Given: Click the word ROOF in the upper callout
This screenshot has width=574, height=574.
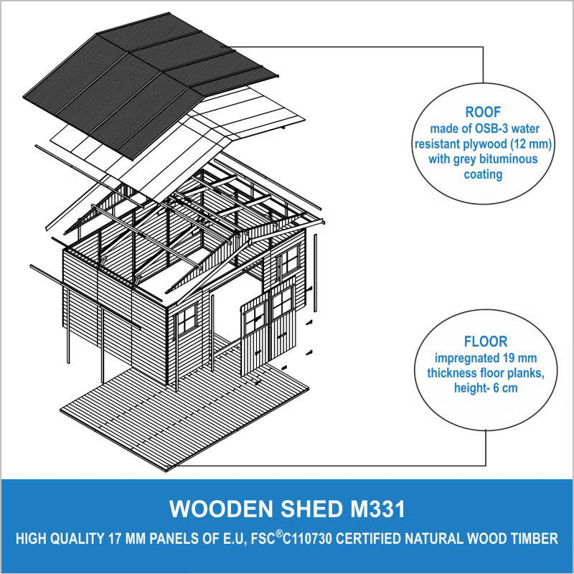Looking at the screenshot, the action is [483, 112].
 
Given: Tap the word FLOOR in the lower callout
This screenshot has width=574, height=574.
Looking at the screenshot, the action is [486, 342].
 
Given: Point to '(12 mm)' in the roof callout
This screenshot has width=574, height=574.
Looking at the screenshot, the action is [531, 144].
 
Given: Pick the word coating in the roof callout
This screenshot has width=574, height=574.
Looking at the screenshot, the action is [483, 174].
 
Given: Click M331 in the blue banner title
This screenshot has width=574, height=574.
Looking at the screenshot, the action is [378, 509].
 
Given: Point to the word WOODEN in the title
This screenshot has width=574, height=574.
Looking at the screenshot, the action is [221, 509].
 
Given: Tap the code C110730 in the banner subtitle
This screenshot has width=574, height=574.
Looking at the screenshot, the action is [308, 539].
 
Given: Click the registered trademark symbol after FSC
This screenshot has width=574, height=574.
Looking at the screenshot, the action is [279, 534].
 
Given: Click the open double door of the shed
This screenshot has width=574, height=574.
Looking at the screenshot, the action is [268, 325].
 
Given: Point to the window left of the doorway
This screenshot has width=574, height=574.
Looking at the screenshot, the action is [187, 319].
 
